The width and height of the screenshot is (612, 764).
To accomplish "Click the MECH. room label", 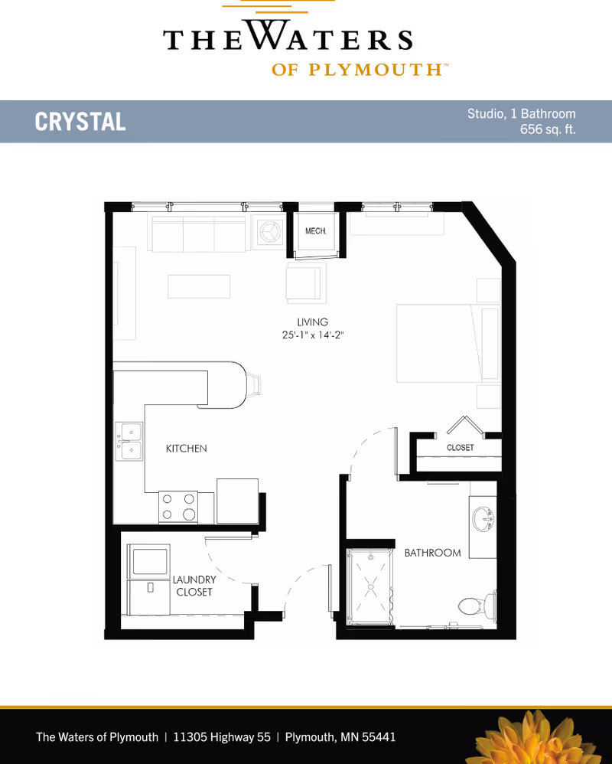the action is (315, 231).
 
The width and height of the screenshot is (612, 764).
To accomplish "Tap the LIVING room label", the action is (313, 322).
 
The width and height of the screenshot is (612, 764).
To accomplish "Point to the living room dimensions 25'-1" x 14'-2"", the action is (313, 335).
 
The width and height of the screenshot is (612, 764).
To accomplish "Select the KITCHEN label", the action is (187, 449).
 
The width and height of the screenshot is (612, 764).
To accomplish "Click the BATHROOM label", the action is (433, 553).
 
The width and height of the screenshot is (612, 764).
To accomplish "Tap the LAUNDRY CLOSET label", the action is (194, 586).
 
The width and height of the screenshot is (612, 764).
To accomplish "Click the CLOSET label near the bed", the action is (460, 447).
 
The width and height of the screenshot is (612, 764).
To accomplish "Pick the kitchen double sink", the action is (129, 441).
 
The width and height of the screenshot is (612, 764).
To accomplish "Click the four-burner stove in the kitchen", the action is (178, 507).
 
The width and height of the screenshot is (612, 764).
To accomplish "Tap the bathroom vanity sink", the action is (483, 519).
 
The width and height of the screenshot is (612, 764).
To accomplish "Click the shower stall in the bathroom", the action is (369, 586).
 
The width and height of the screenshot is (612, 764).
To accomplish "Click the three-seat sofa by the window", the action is (199, 234).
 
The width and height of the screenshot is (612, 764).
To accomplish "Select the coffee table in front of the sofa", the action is (199, 286).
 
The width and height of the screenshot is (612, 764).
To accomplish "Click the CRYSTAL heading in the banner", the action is (80, 121).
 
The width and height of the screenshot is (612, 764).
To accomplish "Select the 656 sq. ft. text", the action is (548, 129).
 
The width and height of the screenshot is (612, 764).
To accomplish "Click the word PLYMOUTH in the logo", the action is (375, 70).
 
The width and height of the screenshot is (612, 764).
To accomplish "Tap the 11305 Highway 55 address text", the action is (222, 736).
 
